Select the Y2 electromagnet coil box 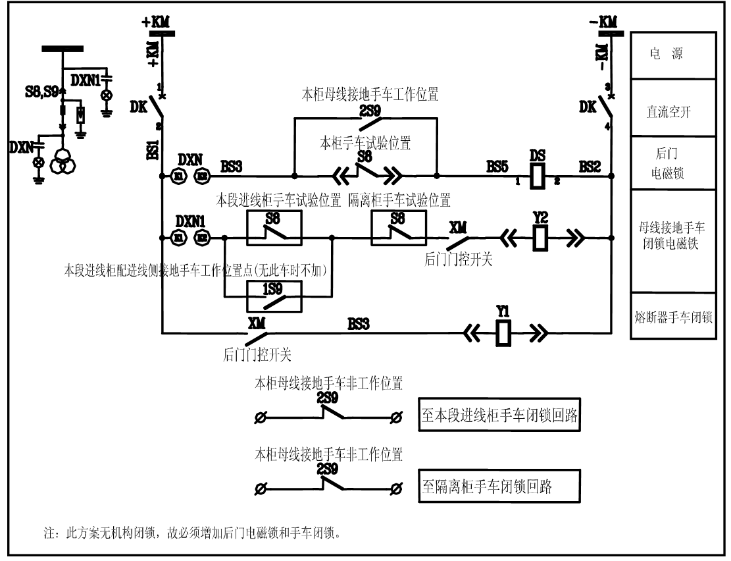tap(540, 238)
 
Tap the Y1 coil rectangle tap(503, 333)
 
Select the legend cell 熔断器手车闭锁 tap(672, 316)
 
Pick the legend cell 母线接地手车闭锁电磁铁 tap(672, 241)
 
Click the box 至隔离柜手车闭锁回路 tap(499, 487)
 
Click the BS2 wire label tap(589, 168)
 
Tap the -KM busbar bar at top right tap(605, 32)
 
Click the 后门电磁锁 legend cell tap(672, 163)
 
